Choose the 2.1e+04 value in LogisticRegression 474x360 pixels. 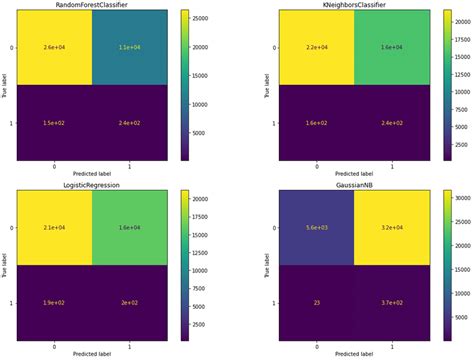(58, 229)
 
